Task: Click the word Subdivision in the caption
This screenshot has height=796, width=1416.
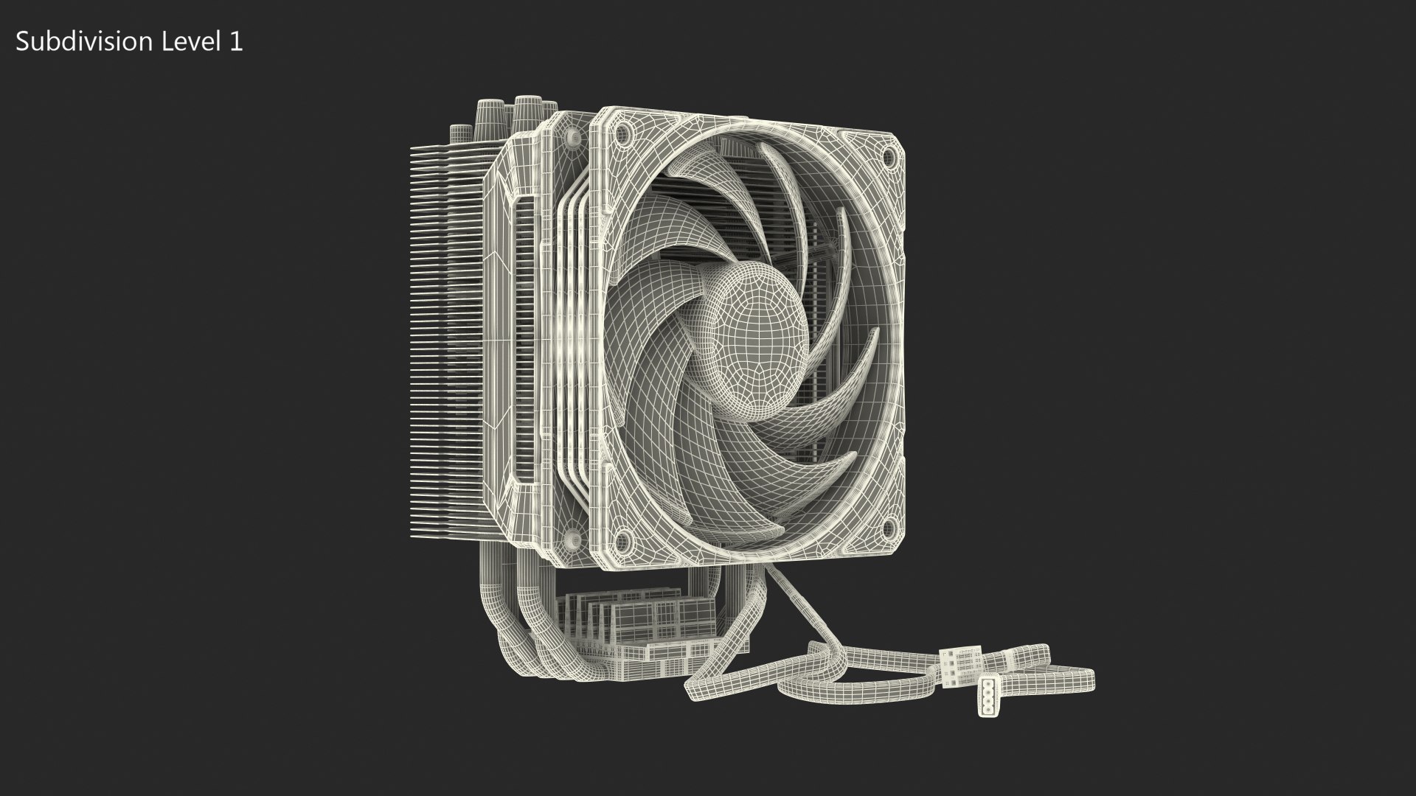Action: tap(82, 42)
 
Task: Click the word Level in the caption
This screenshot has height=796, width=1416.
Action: tap(187, 42)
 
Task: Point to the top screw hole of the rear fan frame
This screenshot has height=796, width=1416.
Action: tap(572, 137)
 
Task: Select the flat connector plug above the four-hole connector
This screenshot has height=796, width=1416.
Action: tap(961, 659)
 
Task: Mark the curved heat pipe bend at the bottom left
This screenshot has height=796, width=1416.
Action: tap(509, 634)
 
